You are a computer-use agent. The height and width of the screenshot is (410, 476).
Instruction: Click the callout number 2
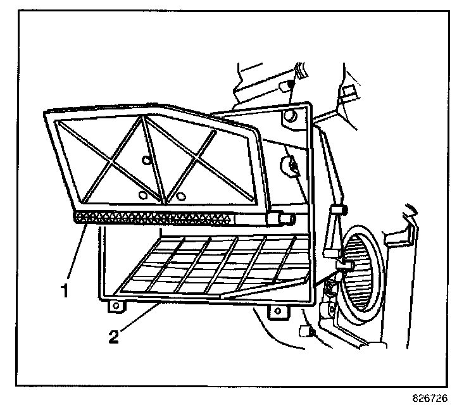click(x=113, y=336)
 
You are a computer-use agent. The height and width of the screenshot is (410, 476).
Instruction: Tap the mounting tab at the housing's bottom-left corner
click(x=115, y=306)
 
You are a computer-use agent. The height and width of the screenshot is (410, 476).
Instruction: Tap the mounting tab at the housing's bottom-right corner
click(x=277, y=311)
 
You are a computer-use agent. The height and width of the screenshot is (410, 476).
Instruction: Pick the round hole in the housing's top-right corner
click(x=290, y=116)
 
